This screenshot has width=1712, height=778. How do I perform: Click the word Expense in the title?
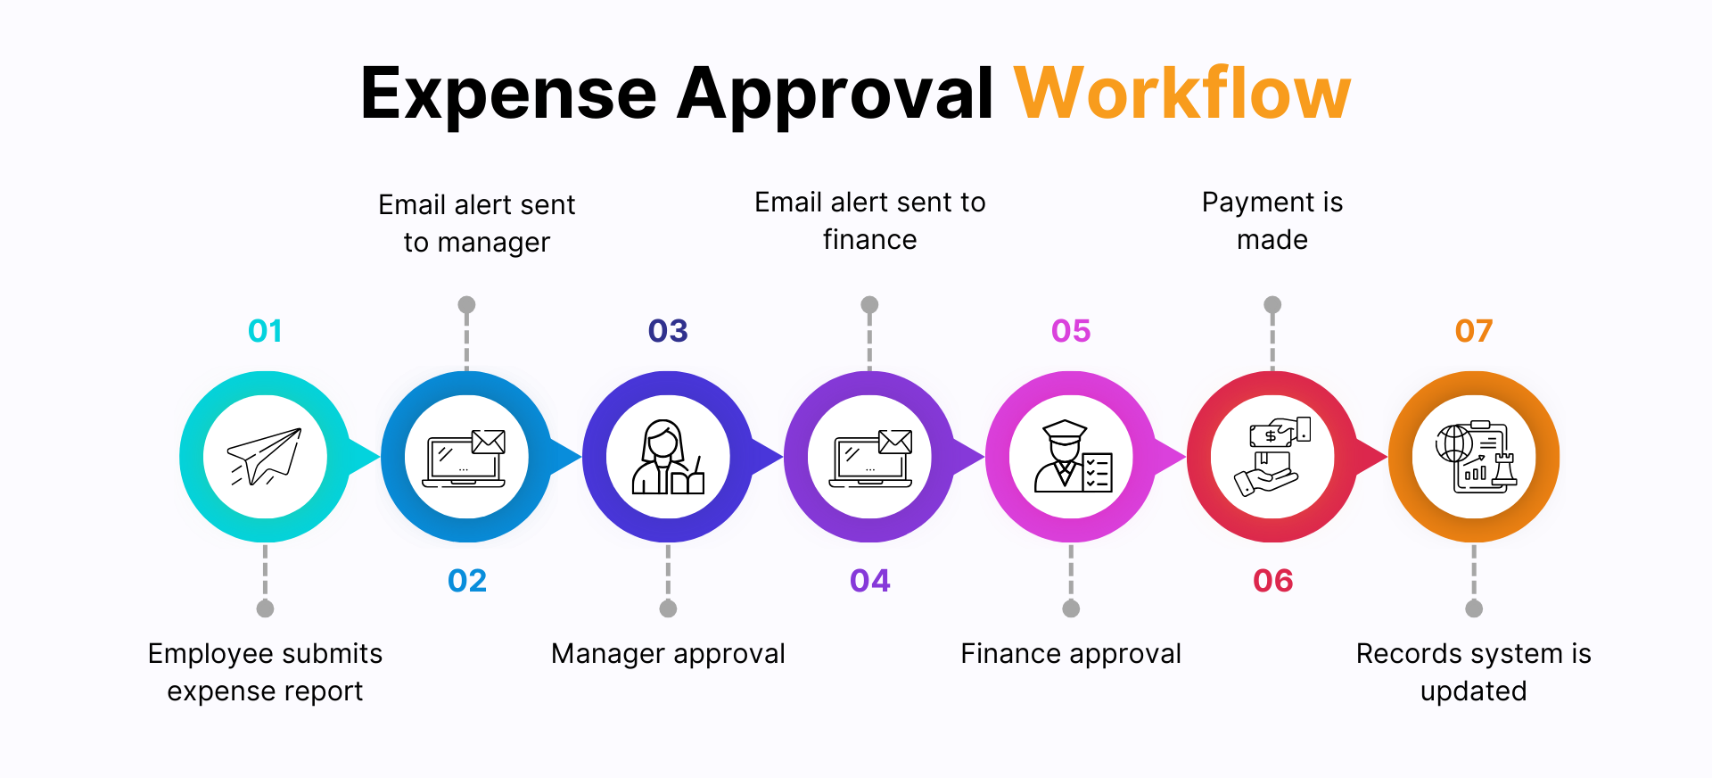[x=508, y=95]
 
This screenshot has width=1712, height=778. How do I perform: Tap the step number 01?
[x=265, y=331]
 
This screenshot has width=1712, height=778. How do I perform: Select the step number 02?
[x=467, y=581]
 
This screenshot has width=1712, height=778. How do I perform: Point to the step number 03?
[x=668, y=331]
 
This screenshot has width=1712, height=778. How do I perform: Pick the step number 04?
[x=869, y=581]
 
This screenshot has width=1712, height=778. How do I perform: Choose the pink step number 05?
[x=1071, y=331]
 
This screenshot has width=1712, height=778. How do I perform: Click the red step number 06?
[x=1272, y=581]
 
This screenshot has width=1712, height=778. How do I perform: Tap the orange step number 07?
[x=1473, y=331]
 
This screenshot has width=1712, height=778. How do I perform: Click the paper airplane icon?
[x=265, y=457]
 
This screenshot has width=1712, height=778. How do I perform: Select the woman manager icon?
[x=668, y=457]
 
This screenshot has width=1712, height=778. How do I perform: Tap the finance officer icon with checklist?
[x=1072, y=457]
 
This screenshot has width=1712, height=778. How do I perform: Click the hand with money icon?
[x=1272, y=457]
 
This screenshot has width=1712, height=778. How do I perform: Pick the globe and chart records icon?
[x=1474, y=457]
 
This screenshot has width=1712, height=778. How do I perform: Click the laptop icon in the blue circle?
[x=466, y=457]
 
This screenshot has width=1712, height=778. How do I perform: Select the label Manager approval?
[x=668, y=654]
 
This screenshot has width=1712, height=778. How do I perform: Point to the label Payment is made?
[x=1272, y=220]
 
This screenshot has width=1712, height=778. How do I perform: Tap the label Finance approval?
[x=1071, y=654]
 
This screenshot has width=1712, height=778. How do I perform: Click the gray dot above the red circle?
[x=1272, y=305]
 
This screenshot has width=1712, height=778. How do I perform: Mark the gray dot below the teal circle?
[x=265, y=608]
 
